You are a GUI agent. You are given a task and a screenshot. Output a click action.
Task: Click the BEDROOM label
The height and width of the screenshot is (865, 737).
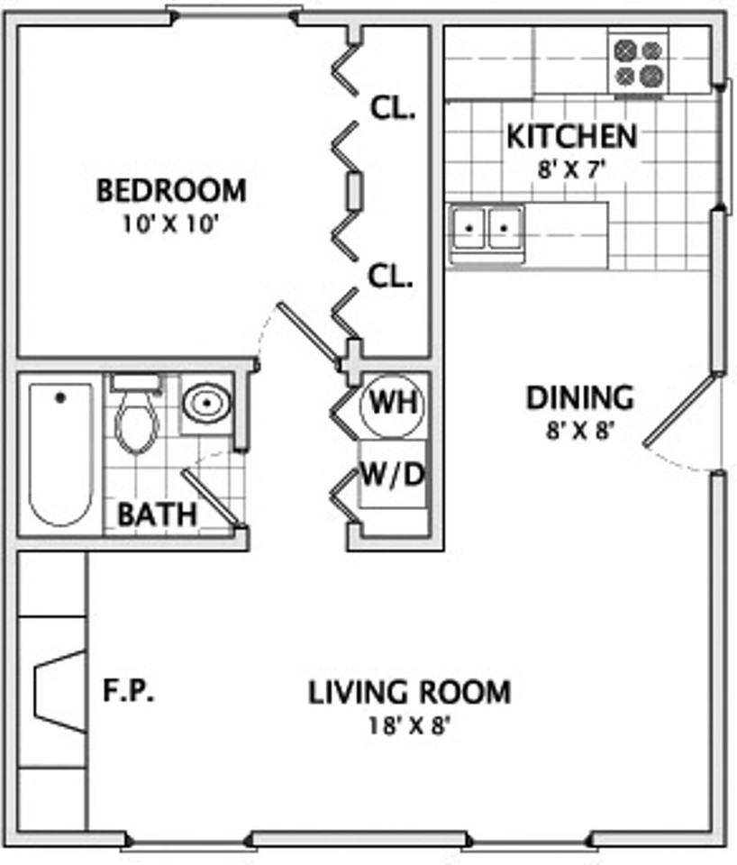171,190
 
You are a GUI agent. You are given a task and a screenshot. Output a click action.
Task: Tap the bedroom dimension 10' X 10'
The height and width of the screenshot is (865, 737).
171,224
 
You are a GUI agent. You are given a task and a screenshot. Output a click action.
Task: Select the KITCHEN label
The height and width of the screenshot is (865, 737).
572,136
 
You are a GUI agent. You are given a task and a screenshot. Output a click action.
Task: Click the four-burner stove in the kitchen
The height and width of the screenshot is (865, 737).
638,62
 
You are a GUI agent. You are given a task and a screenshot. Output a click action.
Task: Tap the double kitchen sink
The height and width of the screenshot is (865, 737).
486,228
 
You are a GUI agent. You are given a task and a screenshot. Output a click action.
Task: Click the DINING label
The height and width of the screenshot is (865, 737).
580,397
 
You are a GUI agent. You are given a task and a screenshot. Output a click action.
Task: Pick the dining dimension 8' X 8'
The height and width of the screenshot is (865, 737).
580,431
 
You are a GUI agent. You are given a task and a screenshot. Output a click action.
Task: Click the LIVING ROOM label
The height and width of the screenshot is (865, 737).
409,692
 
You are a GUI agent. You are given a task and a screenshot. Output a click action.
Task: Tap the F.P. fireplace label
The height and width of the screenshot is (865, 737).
129,690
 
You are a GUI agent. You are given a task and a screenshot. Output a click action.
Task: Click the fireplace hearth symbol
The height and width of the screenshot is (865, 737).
60,692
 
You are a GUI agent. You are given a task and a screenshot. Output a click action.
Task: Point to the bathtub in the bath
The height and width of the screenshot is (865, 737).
60,454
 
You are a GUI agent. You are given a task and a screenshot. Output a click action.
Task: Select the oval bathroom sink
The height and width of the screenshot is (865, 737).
207,404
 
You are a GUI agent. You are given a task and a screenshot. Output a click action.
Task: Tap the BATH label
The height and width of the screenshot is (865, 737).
157,514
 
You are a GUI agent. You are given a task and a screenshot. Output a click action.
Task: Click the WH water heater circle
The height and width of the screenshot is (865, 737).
392,405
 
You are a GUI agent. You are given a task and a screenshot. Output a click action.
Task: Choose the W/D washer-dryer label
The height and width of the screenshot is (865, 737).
392,475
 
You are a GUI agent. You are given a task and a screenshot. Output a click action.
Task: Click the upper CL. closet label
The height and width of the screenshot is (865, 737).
392,108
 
